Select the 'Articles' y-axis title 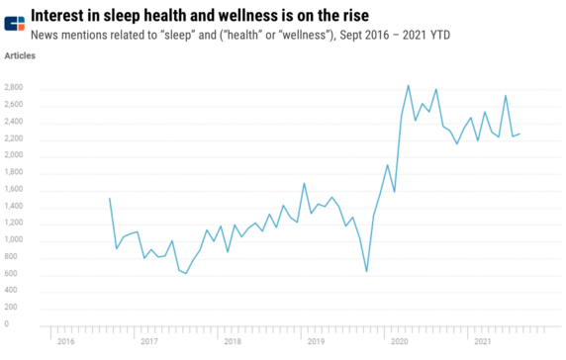tap(20, 56)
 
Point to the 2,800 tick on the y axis tap(14, 88)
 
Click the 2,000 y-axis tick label tap(14, 155)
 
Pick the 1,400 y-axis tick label tap(14, 206)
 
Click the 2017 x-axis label tap(148, 341)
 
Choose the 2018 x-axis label tap(233, 341)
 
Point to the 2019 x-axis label tap(316, 341)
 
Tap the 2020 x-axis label tap(400, 341)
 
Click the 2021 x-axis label tap(484, 341)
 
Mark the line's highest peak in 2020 tap(409, 85)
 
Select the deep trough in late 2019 tap(366, 271)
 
